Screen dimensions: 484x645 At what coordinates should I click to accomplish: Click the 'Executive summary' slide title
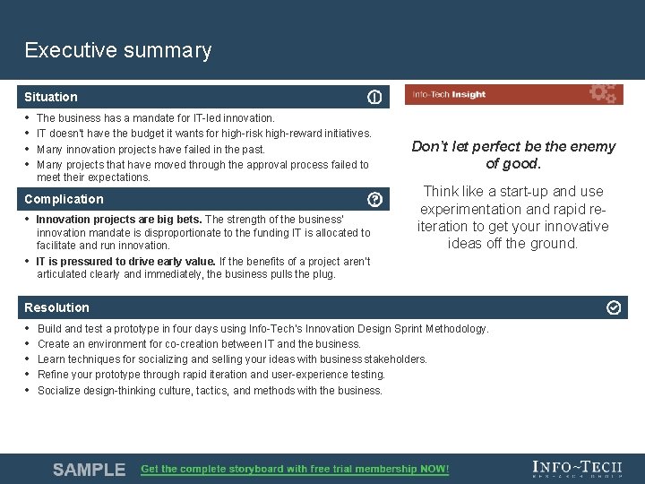pos(118,50)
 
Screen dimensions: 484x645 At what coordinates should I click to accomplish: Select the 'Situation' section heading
pos(51,97)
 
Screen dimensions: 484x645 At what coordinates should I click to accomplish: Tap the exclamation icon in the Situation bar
pos(374,97)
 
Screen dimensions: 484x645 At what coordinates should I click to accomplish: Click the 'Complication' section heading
pos(64,199)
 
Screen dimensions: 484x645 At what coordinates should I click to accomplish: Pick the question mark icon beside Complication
pos(374,199)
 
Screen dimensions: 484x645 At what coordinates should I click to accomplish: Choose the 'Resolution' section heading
pos(56,307)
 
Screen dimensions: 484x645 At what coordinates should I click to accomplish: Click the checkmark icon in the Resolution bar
pos(614,307)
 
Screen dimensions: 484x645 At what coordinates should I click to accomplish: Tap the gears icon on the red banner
pos(602,93)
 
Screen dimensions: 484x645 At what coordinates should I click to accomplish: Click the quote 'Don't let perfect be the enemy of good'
pos(513,154)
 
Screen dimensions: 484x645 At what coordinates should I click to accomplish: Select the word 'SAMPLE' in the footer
pos(89,470)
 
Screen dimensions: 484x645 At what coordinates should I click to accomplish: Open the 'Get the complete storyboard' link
pos(295,469)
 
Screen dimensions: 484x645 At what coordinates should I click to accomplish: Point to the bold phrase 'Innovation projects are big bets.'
pos(119,220)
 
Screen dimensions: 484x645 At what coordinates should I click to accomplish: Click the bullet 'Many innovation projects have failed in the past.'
pos(150,149)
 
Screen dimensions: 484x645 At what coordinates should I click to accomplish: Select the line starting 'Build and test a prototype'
pos(262,329)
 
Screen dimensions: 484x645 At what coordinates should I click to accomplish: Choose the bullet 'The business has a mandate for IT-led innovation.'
pos(155,117)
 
